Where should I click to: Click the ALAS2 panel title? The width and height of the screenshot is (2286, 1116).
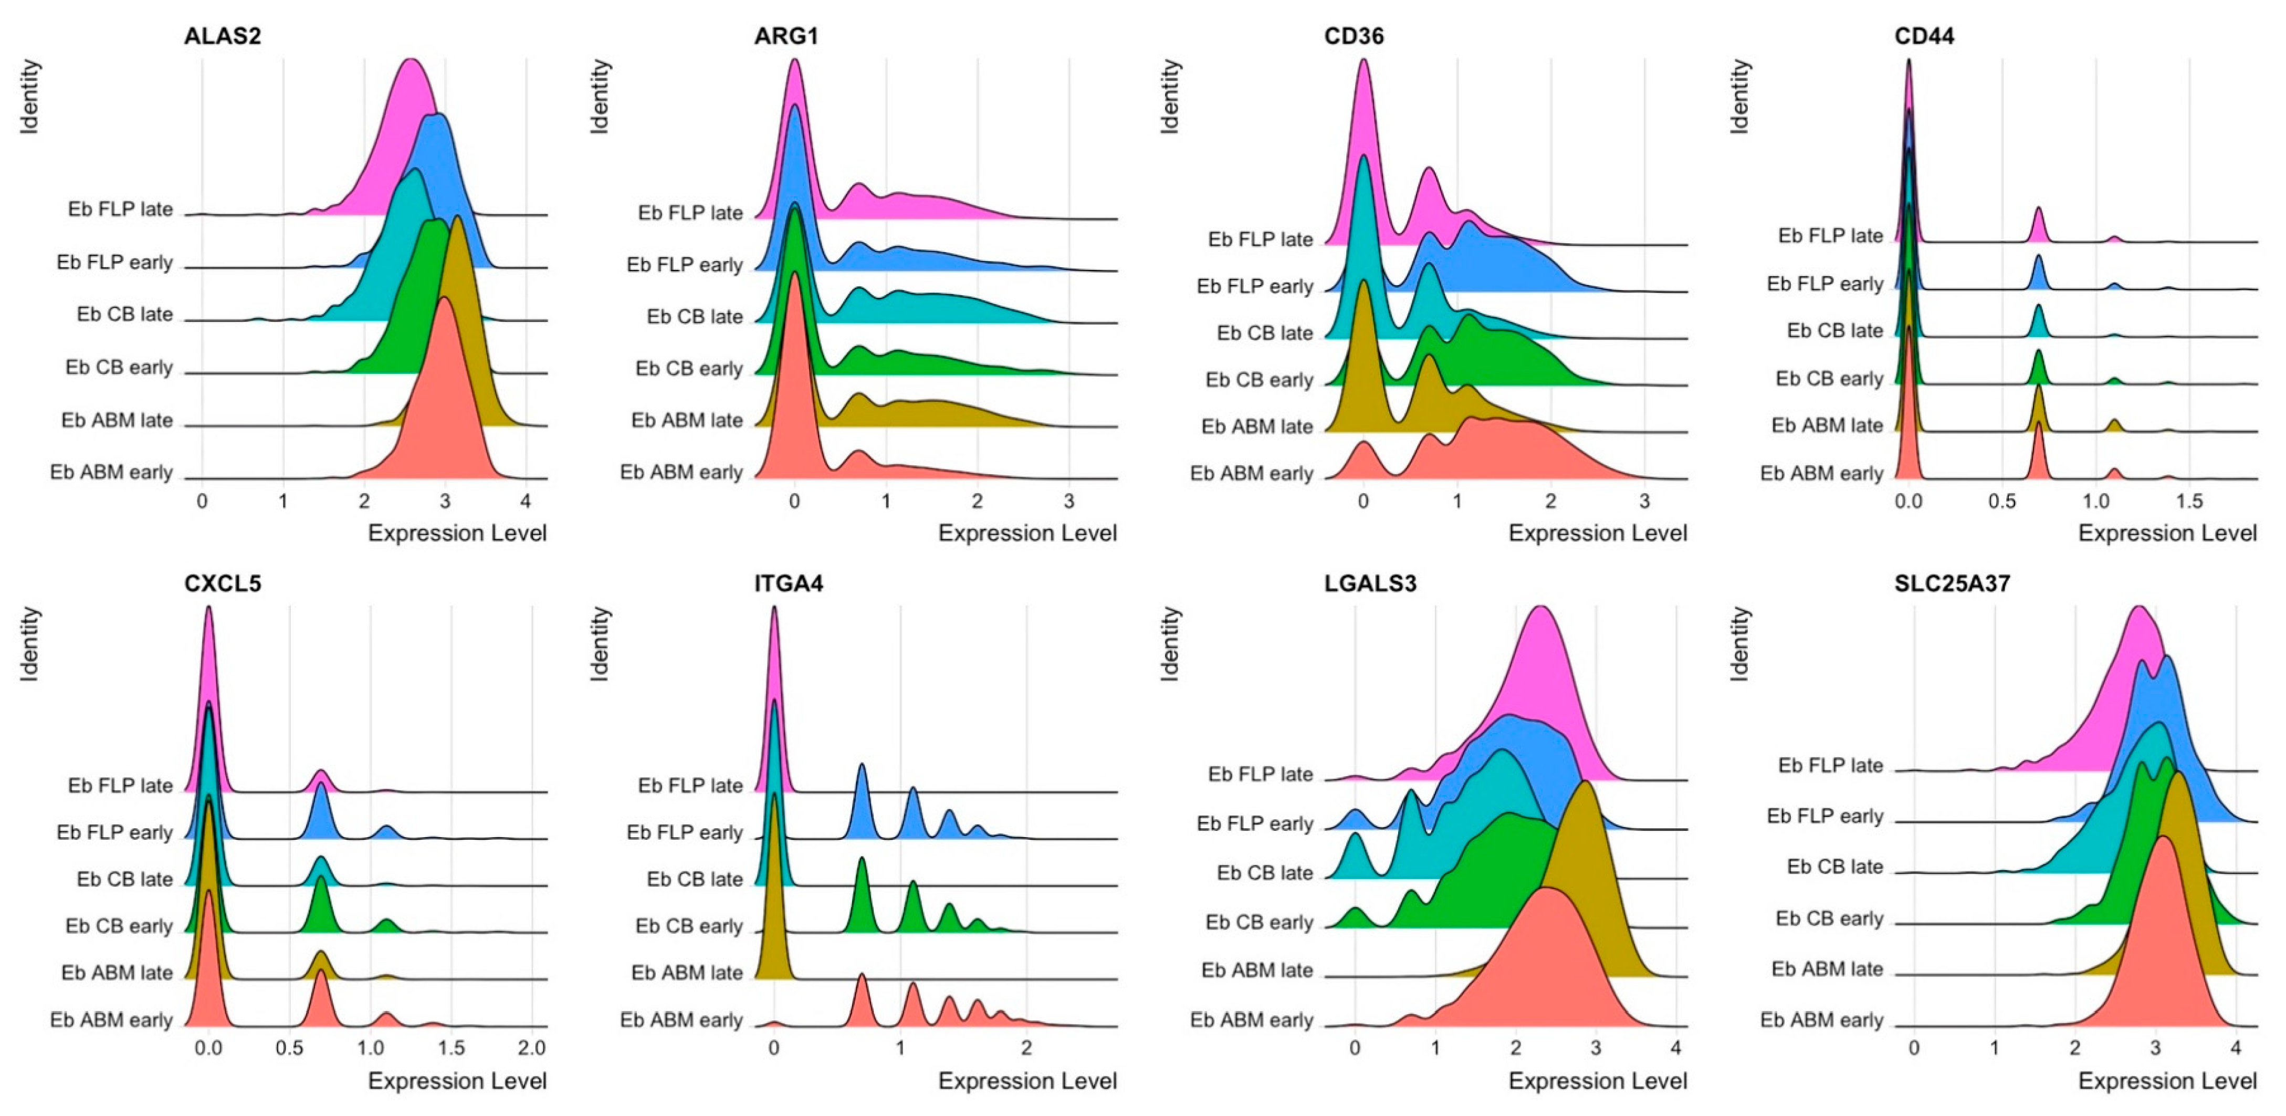tap(222, 36)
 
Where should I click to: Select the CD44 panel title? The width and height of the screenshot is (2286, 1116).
tap(1924, 36)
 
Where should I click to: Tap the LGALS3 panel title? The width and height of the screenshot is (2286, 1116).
tap(1370, 583)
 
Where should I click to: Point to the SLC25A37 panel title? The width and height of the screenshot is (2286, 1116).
tap(1952, 583)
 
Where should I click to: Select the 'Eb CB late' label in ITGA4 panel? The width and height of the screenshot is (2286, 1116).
tap(694, 879)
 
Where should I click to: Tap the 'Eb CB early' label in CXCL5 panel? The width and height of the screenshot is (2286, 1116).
tap(119, 926)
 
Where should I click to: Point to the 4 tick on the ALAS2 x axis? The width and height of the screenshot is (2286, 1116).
tap(526, 502)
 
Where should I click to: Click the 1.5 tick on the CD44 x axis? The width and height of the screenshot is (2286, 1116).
tap(2189, 502)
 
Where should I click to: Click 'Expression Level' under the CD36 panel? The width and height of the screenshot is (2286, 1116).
tap(1597, 534)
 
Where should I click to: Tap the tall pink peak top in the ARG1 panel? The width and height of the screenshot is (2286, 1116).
tap(795, 62)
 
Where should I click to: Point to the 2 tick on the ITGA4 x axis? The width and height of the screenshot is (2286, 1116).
tap(1027, 1049)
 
